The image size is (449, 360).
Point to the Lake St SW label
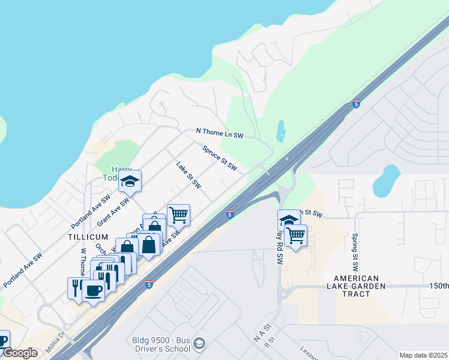click(188, 175)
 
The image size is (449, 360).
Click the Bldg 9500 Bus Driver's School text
click(161, 344)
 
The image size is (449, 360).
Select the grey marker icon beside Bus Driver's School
click(200, 344)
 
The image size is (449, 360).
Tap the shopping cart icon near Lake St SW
click(178, 214)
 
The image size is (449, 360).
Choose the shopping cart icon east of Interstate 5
click(296, 235)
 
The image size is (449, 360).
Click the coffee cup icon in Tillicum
click(93, 291)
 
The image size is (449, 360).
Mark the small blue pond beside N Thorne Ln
click(281, 131)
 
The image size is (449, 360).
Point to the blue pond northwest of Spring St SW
click(385, 181)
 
